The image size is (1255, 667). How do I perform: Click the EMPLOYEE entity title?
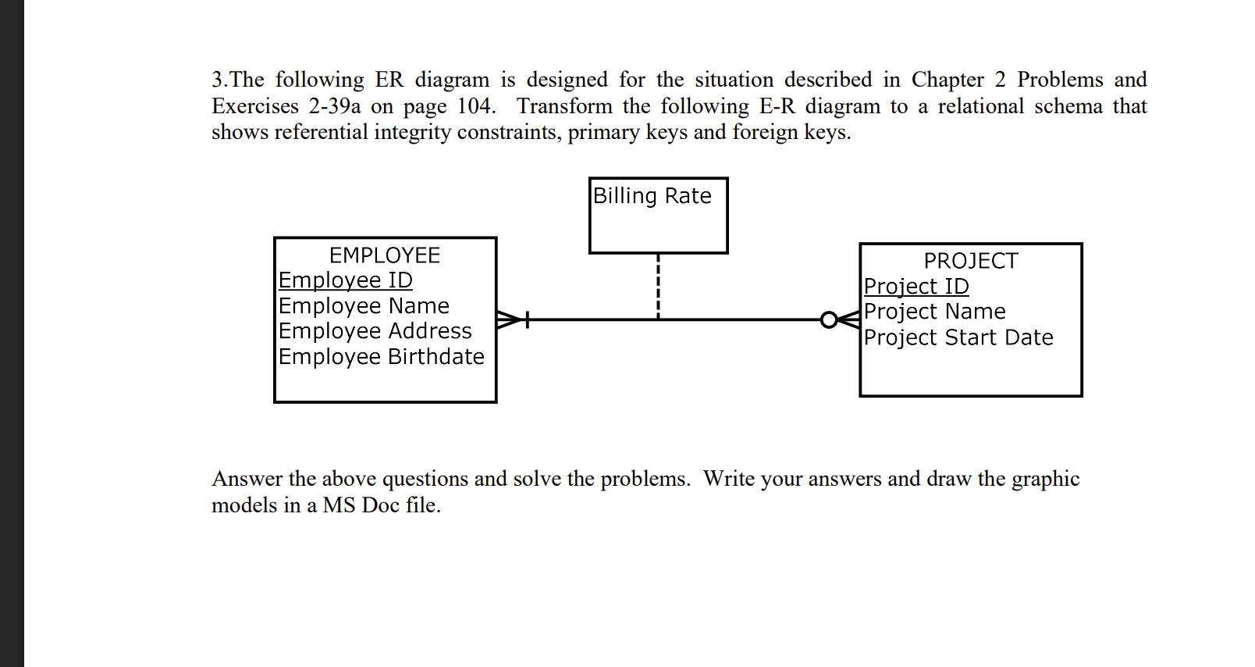tap(385, 255)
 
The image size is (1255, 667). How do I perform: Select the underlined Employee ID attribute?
tap(345, 280)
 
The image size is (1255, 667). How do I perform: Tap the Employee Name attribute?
tap(364, 306)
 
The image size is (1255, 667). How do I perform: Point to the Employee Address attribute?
tap(375, 331)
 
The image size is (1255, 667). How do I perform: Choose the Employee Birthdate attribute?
tap(381, 357)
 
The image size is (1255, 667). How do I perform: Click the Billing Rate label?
tap(652, 196)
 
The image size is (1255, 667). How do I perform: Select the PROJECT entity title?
tap(970, 261)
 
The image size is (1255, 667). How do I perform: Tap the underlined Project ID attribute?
tap(916, 287)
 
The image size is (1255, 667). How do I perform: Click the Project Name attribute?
tap(934, 312)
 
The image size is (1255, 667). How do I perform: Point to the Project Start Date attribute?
tap(958, 337)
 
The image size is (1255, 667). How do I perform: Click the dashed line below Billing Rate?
tap(658, 286)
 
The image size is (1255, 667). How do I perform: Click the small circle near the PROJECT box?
tap(829, 319)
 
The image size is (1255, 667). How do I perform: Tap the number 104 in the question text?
tap(475, 106)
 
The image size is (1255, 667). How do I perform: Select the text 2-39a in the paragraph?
tap(334, 106)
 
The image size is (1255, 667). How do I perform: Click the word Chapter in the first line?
tap(947, 80)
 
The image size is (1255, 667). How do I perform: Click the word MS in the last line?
tap(339, 505)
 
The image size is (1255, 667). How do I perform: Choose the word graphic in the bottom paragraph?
tap(1045, 479)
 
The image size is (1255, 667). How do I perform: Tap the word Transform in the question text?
tap(564, 106)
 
